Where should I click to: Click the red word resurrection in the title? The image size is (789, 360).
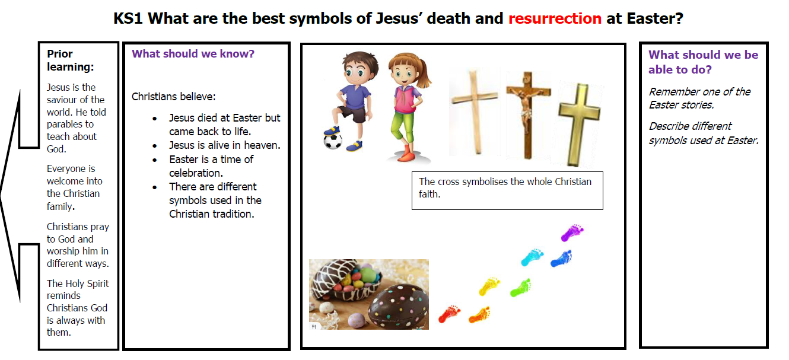click(555, 18)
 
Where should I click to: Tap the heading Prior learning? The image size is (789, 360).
click(71, 60)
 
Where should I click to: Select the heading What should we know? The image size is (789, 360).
click(193, 53)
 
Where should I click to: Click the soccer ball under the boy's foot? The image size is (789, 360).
click(332, 141)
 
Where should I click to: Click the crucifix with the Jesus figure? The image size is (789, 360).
click(527, 114)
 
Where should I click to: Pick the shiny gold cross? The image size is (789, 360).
click(580, 125)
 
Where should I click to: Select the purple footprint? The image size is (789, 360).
click(572, 232)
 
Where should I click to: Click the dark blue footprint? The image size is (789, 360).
click(561, 259)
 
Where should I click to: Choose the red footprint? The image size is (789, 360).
click(450, 314)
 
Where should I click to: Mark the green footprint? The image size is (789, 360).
click(521, 288)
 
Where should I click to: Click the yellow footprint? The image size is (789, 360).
click(489, 286)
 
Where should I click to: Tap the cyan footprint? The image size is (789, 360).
click(532, 257)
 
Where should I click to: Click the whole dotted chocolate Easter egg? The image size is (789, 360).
click(399, 306)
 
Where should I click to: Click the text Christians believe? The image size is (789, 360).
click(174, 97)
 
